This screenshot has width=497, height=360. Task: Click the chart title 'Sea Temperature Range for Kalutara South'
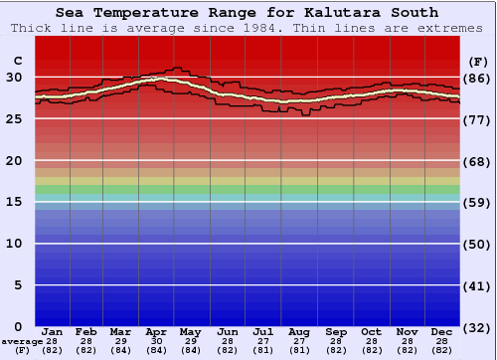click(x=247, y=13)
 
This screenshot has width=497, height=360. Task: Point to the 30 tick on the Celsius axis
click(x=15, y=78)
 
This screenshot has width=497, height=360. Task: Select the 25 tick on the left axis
click(x=15, y=118)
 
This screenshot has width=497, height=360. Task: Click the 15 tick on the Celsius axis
click(x=15, y=202)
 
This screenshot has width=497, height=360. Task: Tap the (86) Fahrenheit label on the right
click(x=477, y=78)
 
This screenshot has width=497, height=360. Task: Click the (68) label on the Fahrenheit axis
click(x=477, y=161)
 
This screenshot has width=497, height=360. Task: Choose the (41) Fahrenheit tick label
click(x=477, y=285)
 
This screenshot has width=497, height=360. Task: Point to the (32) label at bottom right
click(x=477, y=327)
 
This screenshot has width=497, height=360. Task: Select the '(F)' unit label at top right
click(x=477, y=60)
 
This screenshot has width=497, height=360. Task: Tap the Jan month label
click(x=53, y=331)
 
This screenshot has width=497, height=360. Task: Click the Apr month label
click(x=156, y=331)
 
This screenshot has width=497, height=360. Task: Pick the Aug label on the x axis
click(x=299, y=331)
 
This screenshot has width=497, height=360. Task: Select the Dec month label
click(x=442, y=331)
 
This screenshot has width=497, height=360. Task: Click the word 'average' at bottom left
click(x=22, y=341)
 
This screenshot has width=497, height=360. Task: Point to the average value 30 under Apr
click(x=156, y=341)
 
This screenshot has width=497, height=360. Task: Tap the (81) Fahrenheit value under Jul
click(x=263, y=350)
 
